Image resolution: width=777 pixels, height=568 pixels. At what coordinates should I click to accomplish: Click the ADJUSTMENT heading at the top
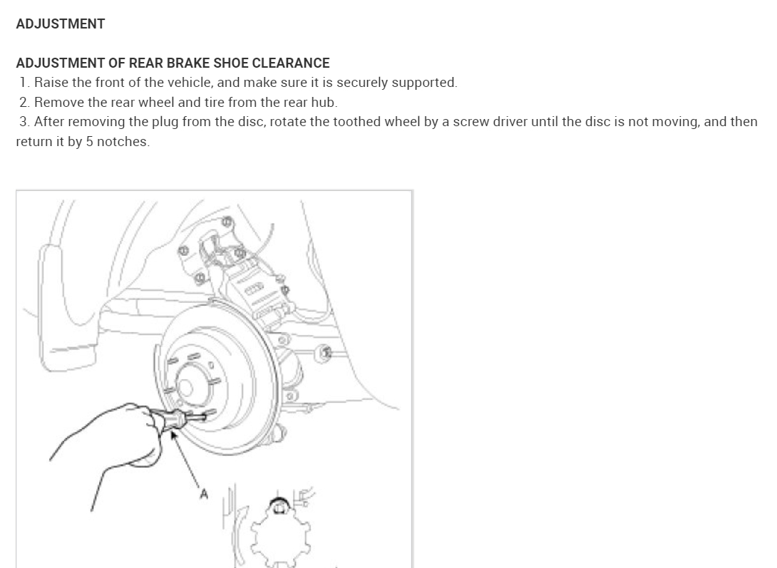tap(60, 24)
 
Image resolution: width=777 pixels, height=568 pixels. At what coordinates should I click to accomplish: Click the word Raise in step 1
tap(51, 82)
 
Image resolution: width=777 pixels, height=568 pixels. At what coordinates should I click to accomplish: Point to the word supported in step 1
tap(424, 82)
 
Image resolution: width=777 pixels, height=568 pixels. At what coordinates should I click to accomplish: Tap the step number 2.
tap(25, 102)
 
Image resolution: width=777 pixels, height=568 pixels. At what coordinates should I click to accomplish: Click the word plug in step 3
tap(166, 121)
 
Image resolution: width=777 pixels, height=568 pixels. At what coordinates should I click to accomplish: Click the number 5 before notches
tap(90, 141)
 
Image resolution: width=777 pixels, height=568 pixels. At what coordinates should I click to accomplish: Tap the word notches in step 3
tap(123, 141)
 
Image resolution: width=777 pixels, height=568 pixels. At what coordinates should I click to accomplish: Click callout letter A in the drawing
tap(203, 493)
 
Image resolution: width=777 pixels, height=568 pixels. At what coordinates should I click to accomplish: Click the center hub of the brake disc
tap(187, 388)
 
